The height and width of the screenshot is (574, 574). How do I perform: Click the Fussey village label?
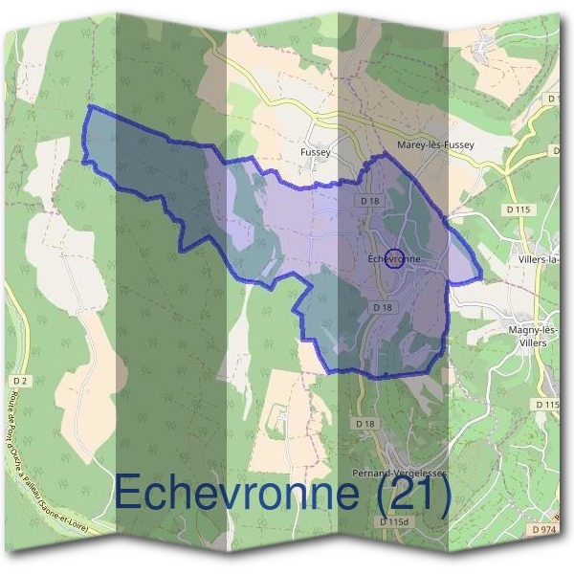tap(314, 152)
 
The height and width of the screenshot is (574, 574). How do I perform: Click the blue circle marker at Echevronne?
tap(400, 258)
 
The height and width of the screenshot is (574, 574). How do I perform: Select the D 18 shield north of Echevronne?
tap(371, 201)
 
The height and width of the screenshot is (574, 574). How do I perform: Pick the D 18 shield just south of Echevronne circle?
tap(382, 307)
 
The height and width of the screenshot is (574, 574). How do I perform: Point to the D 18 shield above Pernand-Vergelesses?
tap(364, 424)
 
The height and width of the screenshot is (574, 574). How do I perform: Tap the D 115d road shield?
tap(394, 522)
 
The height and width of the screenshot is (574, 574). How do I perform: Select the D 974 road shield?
tap(542, 528)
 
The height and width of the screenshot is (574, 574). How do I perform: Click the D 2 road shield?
tap(23, 381)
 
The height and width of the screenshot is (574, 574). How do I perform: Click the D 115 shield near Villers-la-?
tap(518, 209)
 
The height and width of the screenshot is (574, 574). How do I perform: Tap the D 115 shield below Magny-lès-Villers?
tap(546, 406)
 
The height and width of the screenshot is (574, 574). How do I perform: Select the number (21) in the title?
tap(410, 495)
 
